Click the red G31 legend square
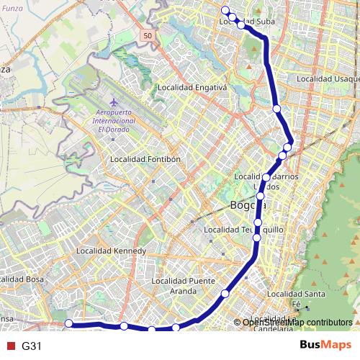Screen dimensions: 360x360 coord(9,346)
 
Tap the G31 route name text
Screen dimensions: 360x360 coord(31,346)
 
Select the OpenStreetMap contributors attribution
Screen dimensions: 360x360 coord(297,322)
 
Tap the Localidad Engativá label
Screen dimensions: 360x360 coord(192,89)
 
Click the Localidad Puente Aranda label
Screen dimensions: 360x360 coord(184,286)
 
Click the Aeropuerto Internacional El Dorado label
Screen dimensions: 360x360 coord(115,122)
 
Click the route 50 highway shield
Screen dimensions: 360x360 coord(148,35)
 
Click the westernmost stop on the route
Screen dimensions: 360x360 coord(69,324)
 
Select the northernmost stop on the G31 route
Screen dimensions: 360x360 coord(225,10)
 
